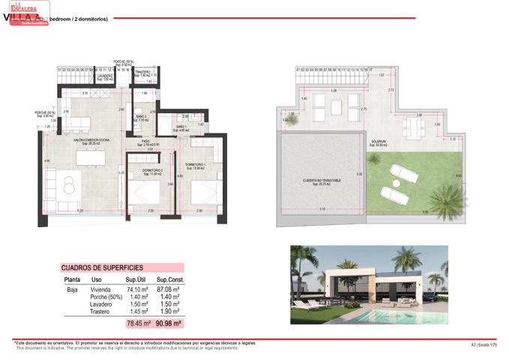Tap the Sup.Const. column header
(170, 280)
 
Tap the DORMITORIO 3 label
(151, 170)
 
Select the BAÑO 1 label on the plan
(181, 127)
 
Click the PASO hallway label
(147, 140)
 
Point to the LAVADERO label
(105, 76)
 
